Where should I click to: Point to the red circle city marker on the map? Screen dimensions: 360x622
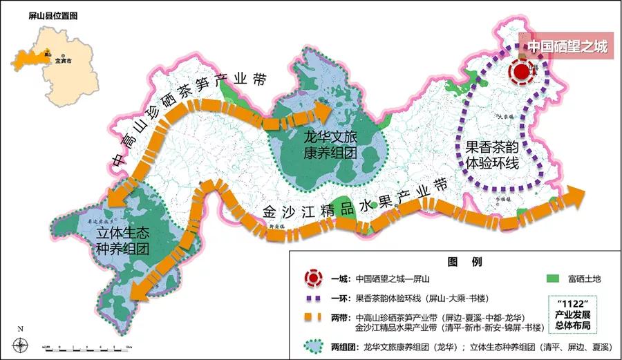[523, 70]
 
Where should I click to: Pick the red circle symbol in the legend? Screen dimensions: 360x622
[314, 279]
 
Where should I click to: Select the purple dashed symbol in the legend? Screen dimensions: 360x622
[314, 300]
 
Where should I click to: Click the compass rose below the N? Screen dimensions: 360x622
[21, 344]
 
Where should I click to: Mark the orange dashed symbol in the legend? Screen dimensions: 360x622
[314, 318]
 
